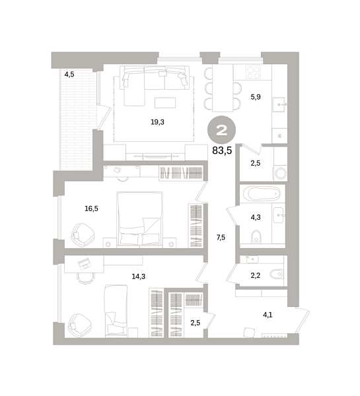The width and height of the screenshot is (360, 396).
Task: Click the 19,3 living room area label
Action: click(157, 122)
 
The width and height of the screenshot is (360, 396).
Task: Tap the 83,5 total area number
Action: click(222, 150)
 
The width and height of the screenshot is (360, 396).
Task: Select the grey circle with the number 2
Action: click(221, 130)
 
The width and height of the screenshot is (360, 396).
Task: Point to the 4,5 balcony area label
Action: click(69, 74)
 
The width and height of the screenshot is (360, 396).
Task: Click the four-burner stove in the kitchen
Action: click(253, 72)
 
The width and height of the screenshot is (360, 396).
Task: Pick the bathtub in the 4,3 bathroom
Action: click(262, 194)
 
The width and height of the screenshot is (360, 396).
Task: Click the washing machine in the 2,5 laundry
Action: click(280, 173)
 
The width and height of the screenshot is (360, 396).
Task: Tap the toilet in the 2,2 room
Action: click(276, 274)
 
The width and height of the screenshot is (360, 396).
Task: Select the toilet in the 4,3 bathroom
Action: click(256, 237)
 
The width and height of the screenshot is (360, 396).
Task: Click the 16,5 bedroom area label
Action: click(91, 209)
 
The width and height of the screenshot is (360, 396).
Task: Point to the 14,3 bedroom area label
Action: click(139, 277)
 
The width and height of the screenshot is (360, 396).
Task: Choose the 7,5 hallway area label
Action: click(221, 238)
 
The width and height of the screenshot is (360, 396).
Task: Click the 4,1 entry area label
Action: click(268, 315)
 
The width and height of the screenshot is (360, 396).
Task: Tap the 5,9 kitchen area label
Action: click(256, 97)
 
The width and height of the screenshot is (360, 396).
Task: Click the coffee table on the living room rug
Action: click(165, 103)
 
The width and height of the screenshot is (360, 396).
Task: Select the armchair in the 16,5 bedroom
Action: click(83, 234)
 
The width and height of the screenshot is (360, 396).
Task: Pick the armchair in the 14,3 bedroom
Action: click(80, 325)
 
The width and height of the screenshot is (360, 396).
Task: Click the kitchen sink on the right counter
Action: click(279, 104)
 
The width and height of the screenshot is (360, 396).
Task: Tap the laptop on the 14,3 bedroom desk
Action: click(85, 264)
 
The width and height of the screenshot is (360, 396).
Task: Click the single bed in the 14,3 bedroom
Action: click(116, 311)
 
